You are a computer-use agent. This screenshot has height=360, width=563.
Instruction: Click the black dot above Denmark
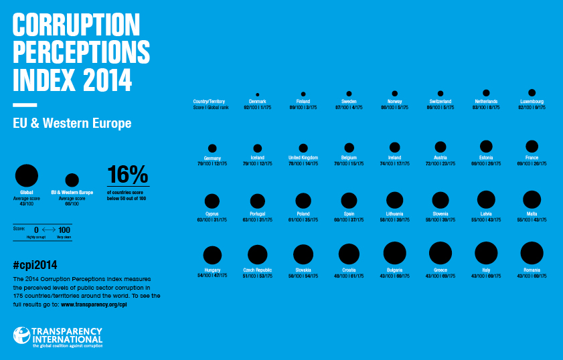click(x=258, y=95)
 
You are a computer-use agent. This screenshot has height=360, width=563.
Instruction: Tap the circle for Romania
click(x=532, y=253)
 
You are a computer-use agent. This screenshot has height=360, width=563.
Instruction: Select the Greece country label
click(x=440, y=270)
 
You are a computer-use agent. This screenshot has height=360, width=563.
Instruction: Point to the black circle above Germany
click(x=212, y=148)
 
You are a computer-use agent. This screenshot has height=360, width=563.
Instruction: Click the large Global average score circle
click(x=27, y=176)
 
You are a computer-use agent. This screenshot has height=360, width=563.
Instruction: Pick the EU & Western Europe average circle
click(x=72, y=180)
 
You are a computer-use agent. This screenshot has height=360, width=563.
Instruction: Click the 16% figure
click(x=127, y=175)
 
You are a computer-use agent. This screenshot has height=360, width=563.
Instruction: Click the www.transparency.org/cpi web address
click(x=94, y=304)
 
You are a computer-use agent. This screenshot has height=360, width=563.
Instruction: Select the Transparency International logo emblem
click(x=22, y=337)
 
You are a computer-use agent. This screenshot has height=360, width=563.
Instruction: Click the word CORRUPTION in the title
click(x=76, y=25)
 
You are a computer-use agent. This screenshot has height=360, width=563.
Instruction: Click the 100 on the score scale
click(x=64, y=230)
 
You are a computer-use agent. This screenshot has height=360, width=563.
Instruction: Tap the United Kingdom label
click(x=303, y=159)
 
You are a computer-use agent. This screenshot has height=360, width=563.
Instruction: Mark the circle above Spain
click(x=349, y=199)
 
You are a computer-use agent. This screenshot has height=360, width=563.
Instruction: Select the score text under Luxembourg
click(x=532, y=107)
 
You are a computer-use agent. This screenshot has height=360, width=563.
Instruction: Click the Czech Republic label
click(x=258, y=270)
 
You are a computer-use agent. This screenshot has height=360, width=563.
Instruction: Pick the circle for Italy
click(x=486, y=253)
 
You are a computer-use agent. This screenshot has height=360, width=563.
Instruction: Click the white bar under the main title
click(x=25, y=104)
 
